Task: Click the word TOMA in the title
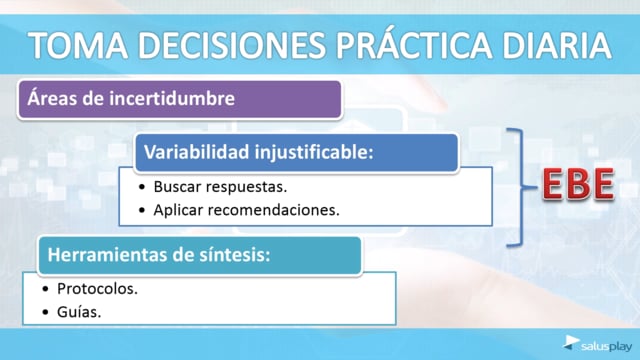click(x=78, y=45)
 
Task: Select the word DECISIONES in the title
click(x=232, y=45)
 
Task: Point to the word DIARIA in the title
click(x=557, y=45)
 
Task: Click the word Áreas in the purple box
click(x=52, y=98)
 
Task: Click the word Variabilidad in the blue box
click(x=197, y=152)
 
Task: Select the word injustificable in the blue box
click(x=314, y=153)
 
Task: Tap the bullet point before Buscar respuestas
click(x=142, y=187)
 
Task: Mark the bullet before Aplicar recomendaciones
click(x=142, y=210)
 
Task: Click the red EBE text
click(x=578, y=184)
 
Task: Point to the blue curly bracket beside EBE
click(x=521, y=187)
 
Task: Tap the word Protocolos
click(x=98, y=289)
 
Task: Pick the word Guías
click(x=79, y=312)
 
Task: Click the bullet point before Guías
click(x=45, y=312)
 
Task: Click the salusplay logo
click(x=597, y=344)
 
